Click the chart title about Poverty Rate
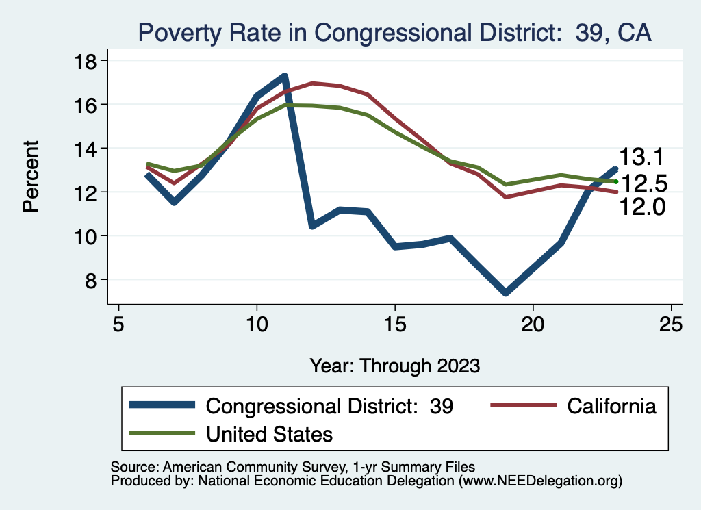(394, 32)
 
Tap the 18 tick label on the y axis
(87, 60)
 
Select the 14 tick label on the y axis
(87, 148)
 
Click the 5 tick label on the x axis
(119, 324)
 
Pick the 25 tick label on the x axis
(672, 324)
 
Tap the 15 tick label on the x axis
(395, 324)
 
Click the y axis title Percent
(31, 176)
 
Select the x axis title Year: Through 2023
(394, 365)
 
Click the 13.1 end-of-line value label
(642, 157)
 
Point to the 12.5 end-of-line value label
(644, 183)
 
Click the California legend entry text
(611, 406)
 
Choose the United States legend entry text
(269, 433)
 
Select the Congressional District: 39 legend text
(329, 406)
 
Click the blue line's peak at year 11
(284, 76)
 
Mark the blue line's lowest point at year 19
(505, 292)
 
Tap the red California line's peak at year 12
(312, 83)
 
